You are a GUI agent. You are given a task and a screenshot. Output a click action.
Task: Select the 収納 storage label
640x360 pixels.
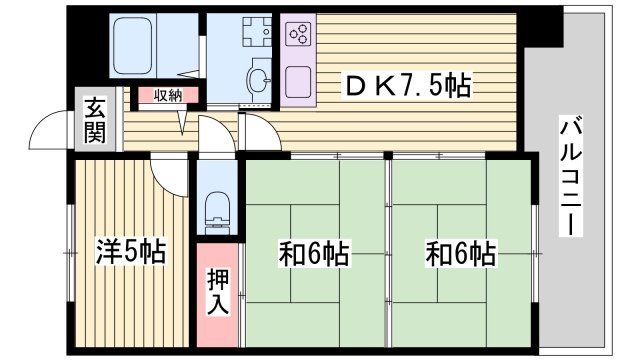(168, 96)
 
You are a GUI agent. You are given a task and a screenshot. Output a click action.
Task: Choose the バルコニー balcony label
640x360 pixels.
(571, 176)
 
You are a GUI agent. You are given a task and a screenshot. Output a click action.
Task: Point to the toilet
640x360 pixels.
(217, 209)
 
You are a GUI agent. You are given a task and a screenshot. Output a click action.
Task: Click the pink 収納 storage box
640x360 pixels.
(168, 96)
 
